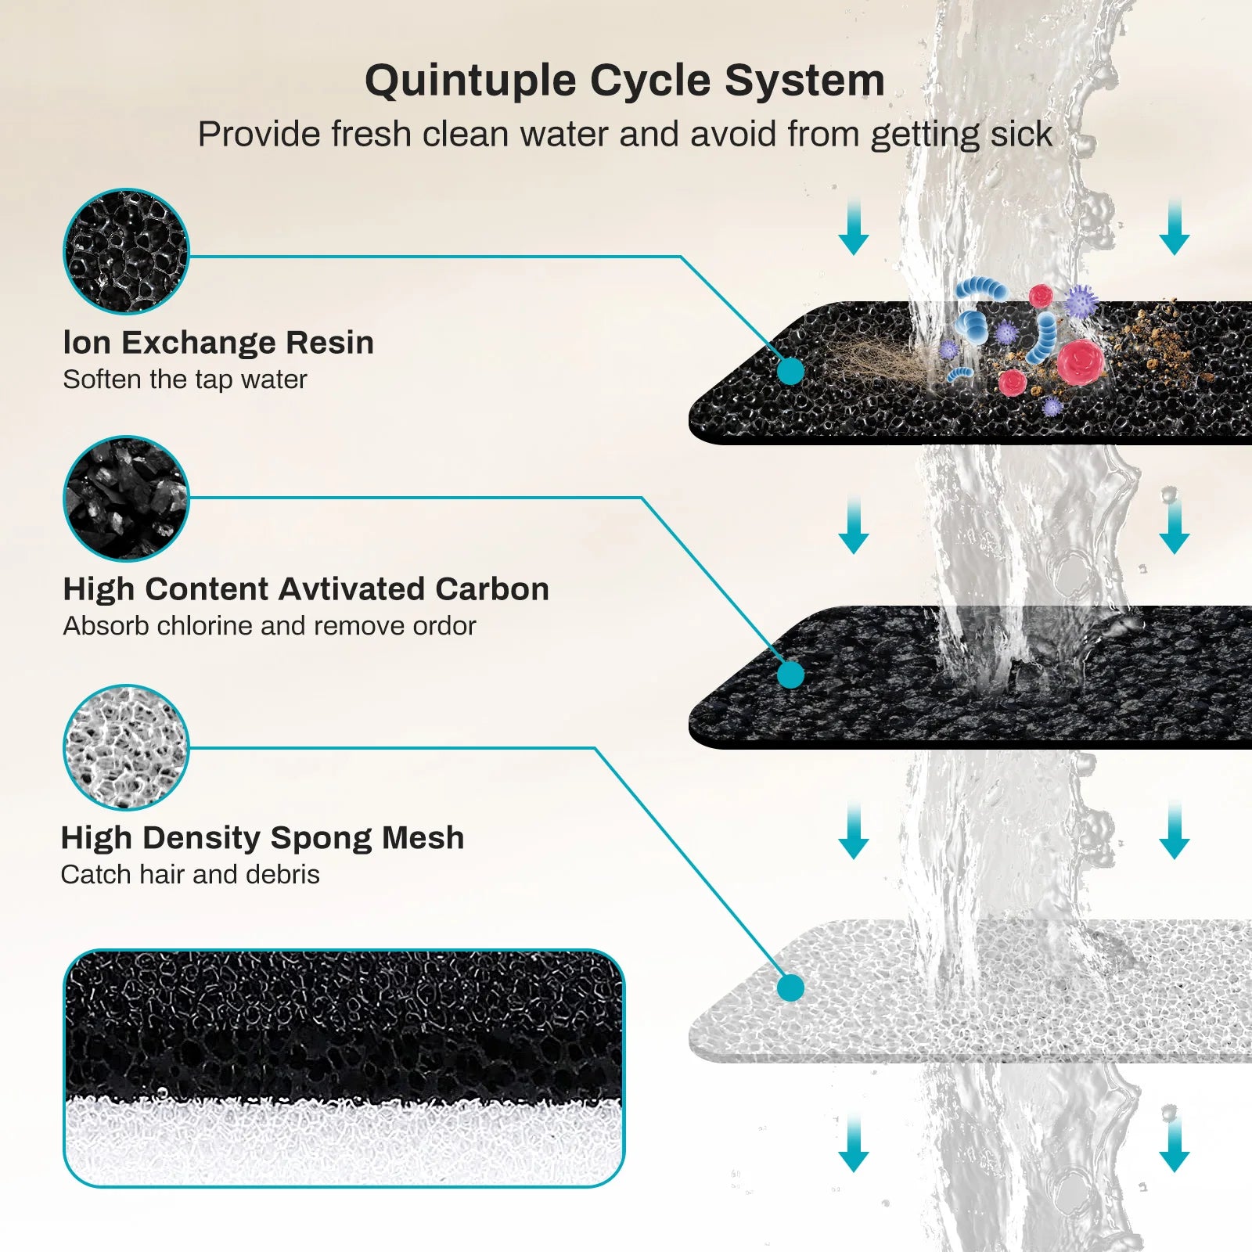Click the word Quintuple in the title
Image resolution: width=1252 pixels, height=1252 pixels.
pos(470,81)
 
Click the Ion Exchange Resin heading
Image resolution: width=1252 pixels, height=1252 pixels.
pos(218,343)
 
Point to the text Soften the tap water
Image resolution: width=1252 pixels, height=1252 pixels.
pos(185,380)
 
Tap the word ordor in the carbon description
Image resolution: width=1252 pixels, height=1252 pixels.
pos(446,626)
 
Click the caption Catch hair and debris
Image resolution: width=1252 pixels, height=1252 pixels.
pos(190,875)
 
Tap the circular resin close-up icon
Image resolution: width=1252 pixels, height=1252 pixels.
pos(126,251)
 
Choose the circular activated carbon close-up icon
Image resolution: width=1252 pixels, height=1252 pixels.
pos(126,498)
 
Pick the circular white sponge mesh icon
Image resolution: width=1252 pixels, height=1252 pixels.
pos(126,747)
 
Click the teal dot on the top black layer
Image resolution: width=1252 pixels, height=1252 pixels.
pos(790,372)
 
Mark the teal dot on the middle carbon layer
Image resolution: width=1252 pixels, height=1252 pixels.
pos(790,675)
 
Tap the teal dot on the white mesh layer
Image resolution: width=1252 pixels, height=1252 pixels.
pos(790,988)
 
